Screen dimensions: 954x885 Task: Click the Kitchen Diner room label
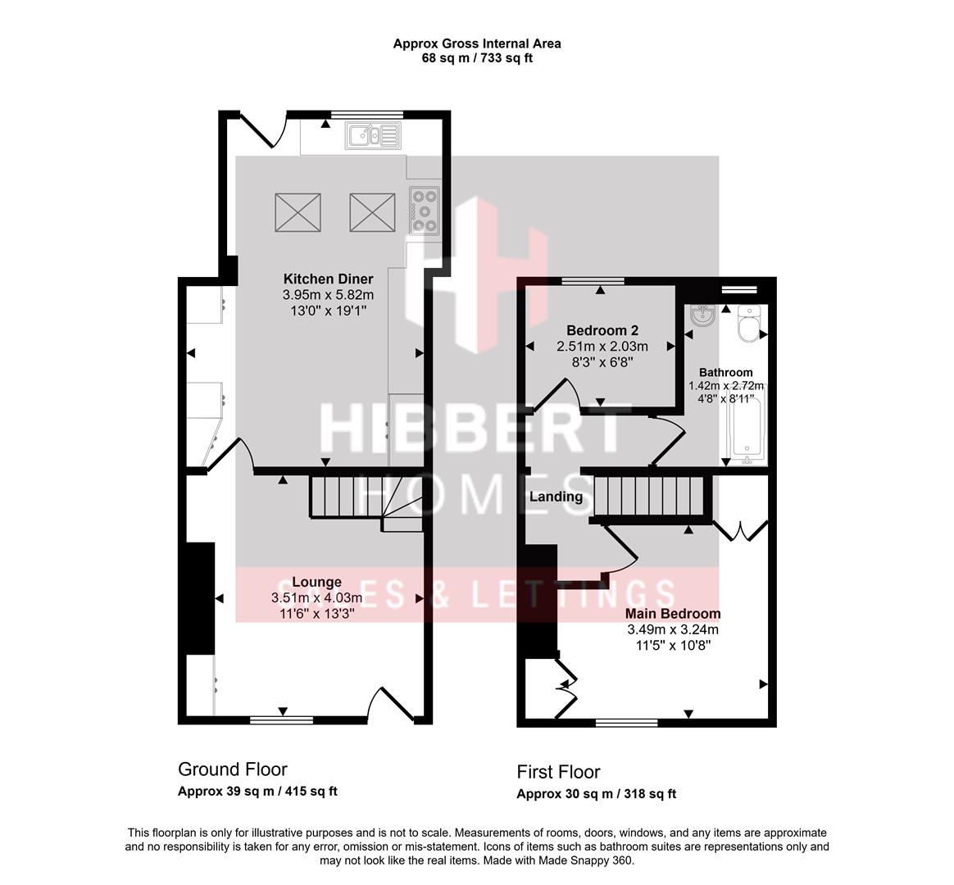(x=328, y=279)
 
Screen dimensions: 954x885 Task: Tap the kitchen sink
(x=372, y=135)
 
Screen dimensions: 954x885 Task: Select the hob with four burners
(x=425, y=211)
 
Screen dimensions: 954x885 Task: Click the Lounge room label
(x=316, y=582)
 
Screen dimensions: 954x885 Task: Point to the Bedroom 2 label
(x=602, y=331)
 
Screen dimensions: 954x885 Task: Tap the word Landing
(x=556, y=497)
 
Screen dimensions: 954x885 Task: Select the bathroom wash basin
(x=704, y=315)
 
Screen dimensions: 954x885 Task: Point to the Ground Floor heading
(x=233, y=769)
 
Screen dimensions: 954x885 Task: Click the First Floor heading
(x=558, y=773)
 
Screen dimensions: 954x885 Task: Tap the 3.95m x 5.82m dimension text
(x=328, y=295)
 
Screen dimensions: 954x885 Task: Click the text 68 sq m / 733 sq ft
(x=477, y=59)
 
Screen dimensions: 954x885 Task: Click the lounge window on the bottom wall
(x=282, y=720)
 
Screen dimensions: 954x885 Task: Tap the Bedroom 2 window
(x=593, y=280)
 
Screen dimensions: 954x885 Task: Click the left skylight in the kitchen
(x=298, y=212)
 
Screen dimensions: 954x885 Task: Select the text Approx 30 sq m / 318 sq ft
(x=597, y=794)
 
